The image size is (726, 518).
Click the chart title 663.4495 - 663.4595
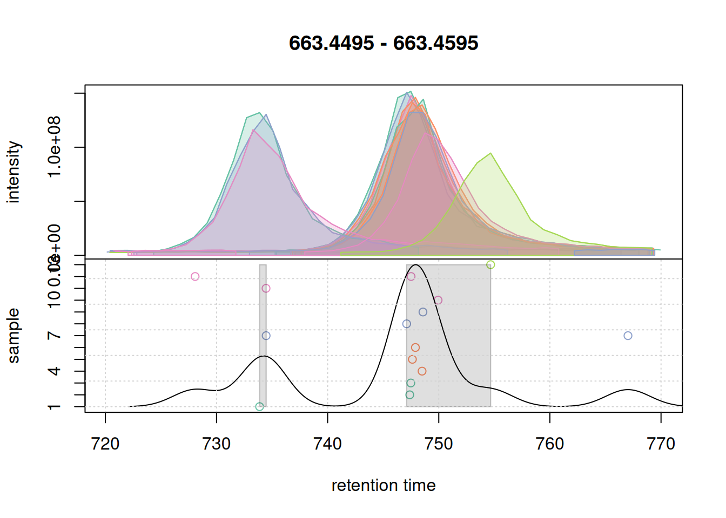(x=384, y=43)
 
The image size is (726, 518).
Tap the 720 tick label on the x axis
(x=105, y=444)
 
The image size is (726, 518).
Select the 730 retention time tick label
(x=217, y=444)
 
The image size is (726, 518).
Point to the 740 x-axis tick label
(x=328, y=444)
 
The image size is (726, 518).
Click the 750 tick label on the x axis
(x=439, y=444)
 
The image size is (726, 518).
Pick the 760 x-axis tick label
(x=550, y=444)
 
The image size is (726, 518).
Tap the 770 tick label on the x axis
(x=661, y=444)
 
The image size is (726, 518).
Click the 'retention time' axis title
(x=384, y=486)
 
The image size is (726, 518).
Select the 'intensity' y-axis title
(x=14, y=172)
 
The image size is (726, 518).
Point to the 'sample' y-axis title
(x=14, y=336)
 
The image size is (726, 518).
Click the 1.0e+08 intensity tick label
(x=54, y=147)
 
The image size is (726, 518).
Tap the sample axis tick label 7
(x=54, y=336)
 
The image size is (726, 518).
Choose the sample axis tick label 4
(x=54, y=371)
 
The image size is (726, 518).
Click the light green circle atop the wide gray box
(x=490, y=265)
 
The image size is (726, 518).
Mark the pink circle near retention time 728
(x=195, y=277)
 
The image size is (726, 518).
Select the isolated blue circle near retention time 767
(x=628, y=336)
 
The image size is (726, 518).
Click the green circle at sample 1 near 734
(x=260, y=407)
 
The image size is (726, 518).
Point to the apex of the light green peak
(x=490, y=154)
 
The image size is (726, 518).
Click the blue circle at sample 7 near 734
(x=266, y=336)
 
